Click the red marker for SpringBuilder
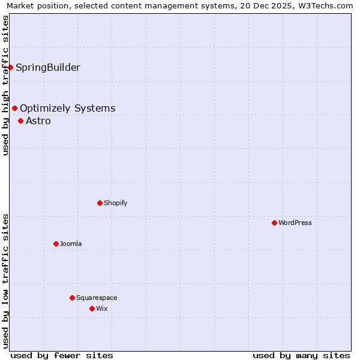click(11, 67)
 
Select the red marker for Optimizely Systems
click(15, 109)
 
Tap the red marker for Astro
click(21, 121)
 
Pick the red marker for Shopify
click(100, 203)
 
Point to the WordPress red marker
click(274, 223)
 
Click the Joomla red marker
click(56, 244)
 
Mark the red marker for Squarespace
click(72, 298)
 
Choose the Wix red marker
click(92, 308)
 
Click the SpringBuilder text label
click(48, 67)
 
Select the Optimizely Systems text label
click(68, 109)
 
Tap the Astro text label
click(38, 121)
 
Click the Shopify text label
click(116, 203)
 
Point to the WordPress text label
click(295, 223)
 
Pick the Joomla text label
click(71, 244)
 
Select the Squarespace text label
click(97, 298)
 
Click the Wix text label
click(102, 308)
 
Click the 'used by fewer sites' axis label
click(62, 355)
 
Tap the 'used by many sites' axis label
click(301, 355)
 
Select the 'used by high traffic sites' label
click(5, 85)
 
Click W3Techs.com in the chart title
click(324, 6)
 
